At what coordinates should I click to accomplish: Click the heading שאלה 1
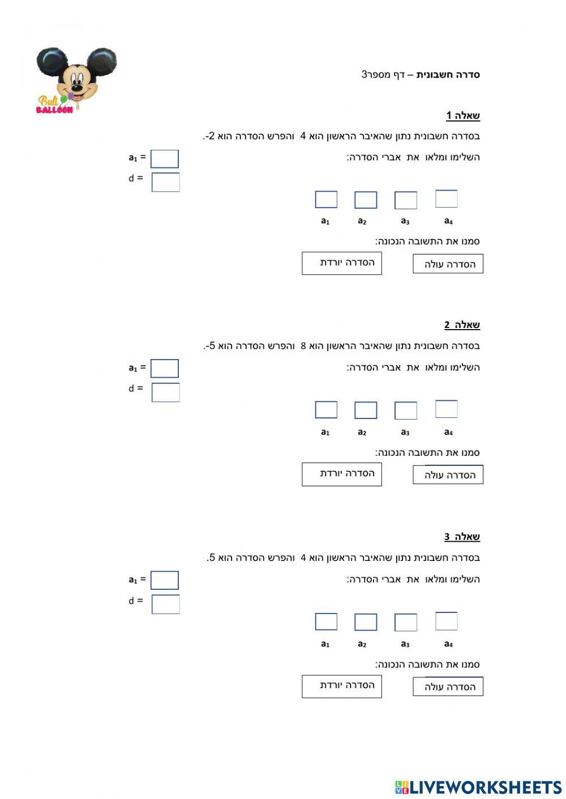coord(462,116)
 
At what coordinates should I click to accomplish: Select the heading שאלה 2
coord(462,325)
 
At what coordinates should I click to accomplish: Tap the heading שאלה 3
coord(462,537)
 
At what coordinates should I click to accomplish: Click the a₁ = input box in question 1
coord(165,159)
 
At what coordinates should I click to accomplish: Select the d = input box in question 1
coord(166,182)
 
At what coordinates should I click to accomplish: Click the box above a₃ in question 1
coord(405,200)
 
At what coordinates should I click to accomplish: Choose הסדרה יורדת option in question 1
coord(342,264)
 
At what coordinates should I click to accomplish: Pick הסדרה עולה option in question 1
coord(448,264)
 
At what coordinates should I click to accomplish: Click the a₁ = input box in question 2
coord(165,369)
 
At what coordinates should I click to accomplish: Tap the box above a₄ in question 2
coord(446,409)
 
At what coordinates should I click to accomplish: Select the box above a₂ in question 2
coord(366,410)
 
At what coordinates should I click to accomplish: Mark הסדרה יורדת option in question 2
coord(342,474)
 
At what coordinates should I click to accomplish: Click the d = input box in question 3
coord(166,604)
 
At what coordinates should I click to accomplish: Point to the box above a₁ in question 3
coord(326,621)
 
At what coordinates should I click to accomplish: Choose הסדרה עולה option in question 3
coord(448,686)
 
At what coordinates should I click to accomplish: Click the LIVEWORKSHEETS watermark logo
coord(478,787)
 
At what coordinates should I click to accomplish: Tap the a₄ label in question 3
coord(448,644)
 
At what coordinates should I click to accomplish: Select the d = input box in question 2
coord(166,392)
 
